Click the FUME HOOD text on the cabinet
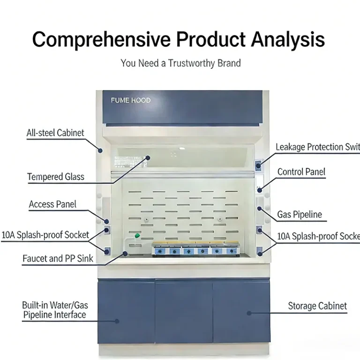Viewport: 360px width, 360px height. (x=131, y=100)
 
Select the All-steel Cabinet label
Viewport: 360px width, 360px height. (x=55, y=133)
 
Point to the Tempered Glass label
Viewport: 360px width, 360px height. (x=56, y=177)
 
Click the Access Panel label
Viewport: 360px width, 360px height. (x=52, y=204)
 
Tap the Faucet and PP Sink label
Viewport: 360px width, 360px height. (x=58, y=258)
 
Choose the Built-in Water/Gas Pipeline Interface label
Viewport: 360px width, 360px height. (x=55, y=310)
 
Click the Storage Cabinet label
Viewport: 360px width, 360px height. (x=317, y=307)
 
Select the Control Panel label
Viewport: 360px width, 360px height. (x=301, y=172)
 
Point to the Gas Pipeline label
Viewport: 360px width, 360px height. (x=300, y=215)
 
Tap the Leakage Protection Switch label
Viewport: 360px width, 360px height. (x=317, y=147)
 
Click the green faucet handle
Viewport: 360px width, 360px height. (x=137, y=235)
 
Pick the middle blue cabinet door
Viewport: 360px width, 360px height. (x=183, y=312)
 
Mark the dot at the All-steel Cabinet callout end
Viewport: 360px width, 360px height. (x=100, y=150)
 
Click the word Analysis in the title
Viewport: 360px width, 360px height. (x=288, y=40)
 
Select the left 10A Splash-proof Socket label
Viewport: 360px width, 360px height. (x=45, y=235)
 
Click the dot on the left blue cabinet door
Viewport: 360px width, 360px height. (x=117, y=321)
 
